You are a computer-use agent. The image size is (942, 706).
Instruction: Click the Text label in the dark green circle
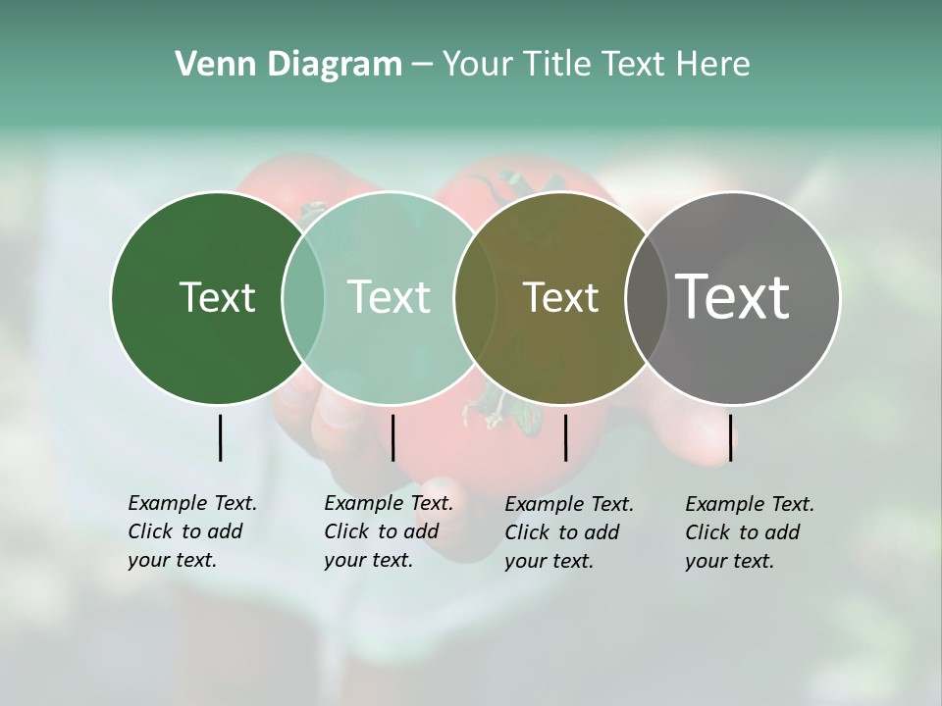point(217,297)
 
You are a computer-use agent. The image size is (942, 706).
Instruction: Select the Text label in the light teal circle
point(389,297)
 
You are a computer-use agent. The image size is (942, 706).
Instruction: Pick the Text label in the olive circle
point(560,297)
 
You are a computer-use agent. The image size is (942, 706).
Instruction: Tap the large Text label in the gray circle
point(733,297)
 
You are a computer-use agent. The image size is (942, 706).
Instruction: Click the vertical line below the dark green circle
point(220,437)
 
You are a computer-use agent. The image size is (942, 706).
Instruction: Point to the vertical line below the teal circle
point(392,437)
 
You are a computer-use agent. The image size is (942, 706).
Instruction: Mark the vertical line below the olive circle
point(565,437)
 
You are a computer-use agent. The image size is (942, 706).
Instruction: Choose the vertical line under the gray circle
point(730,437)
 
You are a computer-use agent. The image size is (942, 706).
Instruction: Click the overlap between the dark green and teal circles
point(303,297)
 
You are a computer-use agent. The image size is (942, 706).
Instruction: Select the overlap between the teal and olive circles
point(475,297)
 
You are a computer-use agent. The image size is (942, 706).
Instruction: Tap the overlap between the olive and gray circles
point(644,297)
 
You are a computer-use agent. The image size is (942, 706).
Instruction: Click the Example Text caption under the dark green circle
point(191,531)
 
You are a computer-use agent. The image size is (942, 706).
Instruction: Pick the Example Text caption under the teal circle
point(388,531)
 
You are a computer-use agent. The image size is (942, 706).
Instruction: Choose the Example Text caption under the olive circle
point(568,532)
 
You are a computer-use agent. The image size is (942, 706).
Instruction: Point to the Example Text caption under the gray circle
point(749,532)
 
